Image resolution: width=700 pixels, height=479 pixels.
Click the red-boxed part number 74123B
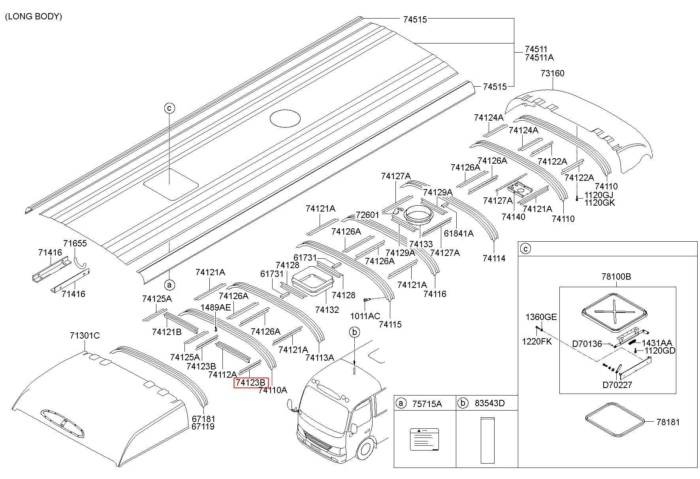(250, 382)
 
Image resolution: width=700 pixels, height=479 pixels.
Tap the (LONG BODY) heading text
(34, 17)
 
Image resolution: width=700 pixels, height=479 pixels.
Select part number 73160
(552, 73)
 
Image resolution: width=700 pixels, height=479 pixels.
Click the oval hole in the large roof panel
(285, 118)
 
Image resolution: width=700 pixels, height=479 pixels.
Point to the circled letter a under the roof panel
(169, 284)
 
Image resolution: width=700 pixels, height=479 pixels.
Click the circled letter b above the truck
(354, 332)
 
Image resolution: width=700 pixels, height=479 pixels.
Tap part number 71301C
(85, 335)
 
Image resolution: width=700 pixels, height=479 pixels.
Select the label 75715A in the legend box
(427, 403)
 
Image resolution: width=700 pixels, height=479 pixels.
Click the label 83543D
(489, 403)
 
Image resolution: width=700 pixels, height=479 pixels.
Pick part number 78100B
(616, 277)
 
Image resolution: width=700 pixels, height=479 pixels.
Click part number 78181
(668, 422)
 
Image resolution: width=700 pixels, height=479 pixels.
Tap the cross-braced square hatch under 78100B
(614, 312)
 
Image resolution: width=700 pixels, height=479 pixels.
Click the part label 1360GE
(541, 316)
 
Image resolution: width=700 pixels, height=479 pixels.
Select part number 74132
(327, 309)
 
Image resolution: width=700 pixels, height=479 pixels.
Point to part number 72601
(367, 215)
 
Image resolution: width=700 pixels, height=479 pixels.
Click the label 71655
(75, 243)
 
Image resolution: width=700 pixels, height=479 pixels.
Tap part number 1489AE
(216, 307)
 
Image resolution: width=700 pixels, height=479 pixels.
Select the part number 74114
(494, 258)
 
